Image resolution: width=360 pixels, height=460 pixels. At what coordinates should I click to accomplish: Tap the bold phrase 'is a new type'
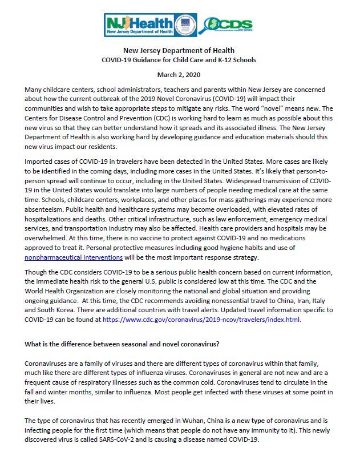click(x=250, y=421)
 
